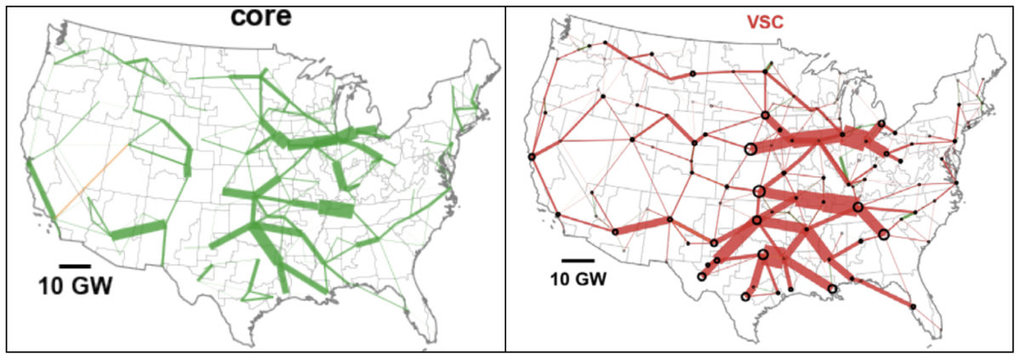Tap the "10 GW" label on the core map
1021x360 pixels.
(x=75, y=286)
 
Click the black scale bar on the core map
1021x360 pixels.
(x=75, y=266)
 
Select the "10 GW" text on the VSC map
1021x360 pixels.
(x=578, y=279)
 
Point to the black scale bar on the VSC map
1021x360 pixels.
(x=578, y=260)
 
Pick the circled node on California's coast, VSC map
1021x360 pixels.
(x=531, y=156)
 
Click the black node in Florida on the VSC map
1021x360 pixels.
(x=912, y=306)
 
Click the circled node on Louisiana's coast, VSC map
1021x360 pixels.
(x=832, y=289)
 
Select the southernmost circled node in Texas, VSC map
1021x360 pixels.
(x=745, y=296)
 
